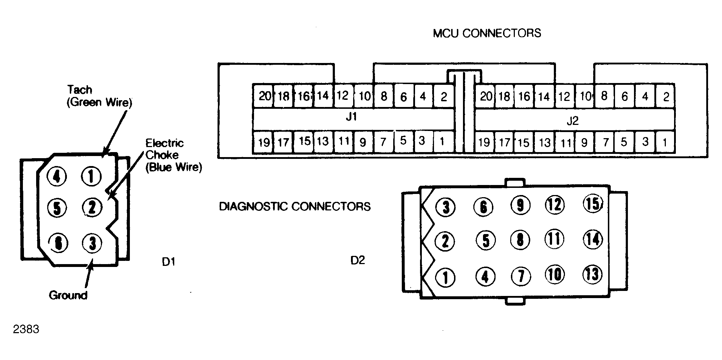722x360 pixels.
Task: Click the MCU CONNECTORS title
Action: (487, 33)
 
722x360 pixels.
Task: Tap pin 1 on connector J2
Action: (665, 142)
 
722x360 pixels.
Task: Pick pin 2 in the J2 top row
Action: (665, 96)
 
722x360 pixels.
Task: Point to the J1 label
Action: (351, 117)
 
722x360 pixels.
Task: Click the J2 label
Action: (572, 121)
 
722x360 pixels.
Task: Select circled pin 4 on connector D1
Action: (57, 176)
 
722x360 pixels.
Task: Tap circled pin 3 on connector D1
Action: (92, 243)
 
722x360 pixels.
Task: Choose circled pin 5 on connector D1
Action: (57, 208)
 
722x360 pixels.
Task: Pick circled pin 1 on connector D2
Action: (445, 277)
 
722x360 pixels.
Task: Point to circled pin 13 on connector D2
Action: (592, 274)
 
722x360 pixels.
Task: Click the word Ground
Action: (68, 295)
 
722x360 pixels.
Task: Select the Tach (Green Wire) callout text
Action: (99, 96)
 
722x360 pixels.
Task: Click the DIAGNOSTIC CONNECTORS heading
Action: (295, 206)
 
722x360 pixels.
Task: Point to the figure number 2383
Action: (26, 329)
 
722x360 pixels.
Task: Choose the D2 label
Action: (358, 261)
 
